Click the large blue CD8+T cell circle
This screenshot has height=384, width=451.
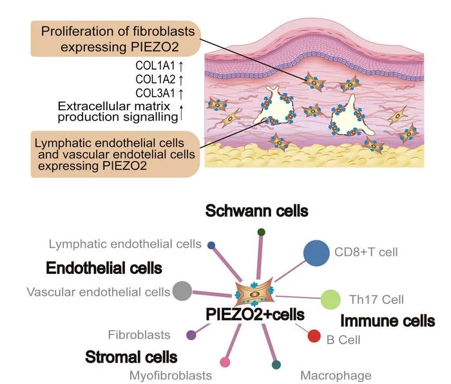click(316, 253)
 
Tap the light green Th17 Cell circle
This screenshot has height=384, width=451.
click(331, 300)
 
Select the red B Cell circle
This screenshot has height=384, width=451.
click(314, 336)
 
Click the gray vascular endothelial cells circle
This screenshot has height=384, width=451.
click(182, 291)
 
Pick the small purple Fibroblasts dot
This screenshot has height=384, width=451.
click(191, 335)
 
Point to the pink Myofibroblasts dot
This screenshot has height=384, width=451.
click(225, 362)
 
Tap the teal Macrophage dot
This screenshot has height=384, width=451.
click(276, 365)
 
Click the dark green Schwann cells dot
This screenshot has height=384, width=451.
click(261, 232)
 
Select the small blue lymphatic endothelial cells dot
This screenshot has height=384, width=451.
click(211, 245)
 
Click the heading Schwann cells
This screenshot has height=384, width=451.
click(256, 211)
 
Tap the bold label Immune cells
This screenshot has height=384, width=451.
click(387, 321)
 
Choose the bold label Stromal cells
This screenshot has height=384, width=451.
click(131, 357)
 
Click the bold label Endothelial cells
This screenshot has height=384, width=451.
click(104, 268)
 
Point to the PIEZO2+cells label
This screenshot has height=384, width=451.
click(255, 314)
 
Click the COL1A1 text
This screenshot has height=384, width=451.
click(155, 66)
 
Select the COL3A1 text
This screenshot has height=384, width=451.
click(155, 93)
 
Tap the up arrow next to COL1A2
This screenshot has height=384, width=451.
click(181, 79)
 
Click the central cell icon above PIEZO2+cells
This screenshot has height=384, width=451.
click(255, 293)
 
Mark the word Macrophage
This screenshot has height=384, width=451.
click(336, 376)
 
